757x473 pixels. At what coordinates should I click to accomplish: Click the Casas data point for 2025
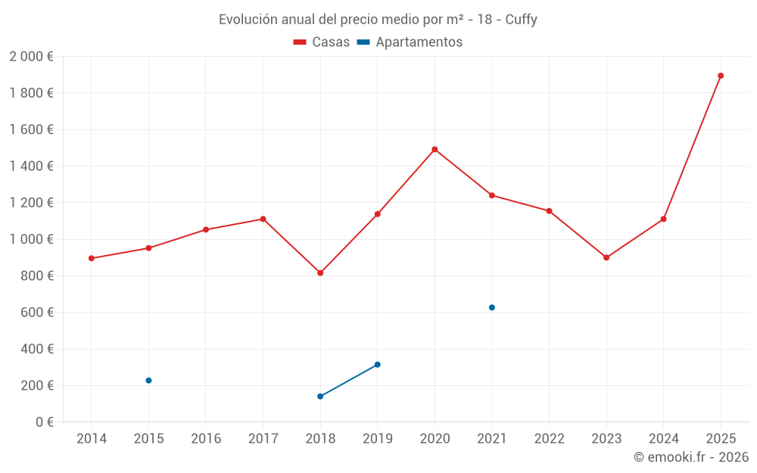[721, 76]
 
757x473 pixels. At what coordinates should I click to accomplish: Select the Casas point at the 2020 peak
[435, 149]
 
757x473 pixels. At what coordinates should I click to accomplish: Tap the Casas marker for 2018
[320, 272]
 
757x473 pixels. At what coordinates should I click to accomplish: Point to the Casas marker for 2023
[606, 257]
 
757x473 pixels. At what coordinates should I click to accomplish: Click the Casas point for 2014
[92, 258]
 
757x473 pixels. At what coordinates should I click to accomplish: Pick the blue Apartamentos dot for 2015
[148, 380]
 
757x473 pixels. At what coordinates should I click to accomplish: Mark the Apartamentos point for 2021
[492, 307]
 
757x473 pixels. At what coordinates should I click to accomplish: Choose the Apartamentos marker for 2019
[377, 365]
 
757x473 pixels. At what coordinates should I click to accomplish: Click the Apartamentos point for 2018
[320, 396]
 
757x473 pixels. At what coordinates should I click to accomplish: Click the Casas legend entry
[322, 42]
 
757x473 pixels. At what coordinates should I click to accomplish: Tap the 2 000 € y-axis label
[32, 57]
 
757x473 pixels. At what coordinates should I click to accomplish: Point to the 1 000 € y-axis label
[32, 239]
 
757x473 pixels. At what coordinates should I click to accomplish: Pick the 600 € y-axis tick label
[36, 313]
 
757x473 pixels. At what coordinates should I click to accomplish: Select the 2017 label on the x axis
[263, 438]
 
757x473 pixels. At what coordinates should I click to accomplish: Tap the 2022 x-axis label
[549, 438]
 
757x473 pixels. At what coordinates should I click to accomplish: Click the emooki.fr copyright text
[691, 457]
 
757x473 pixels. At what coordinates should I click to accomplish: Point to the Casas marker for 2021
[492, 195]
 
